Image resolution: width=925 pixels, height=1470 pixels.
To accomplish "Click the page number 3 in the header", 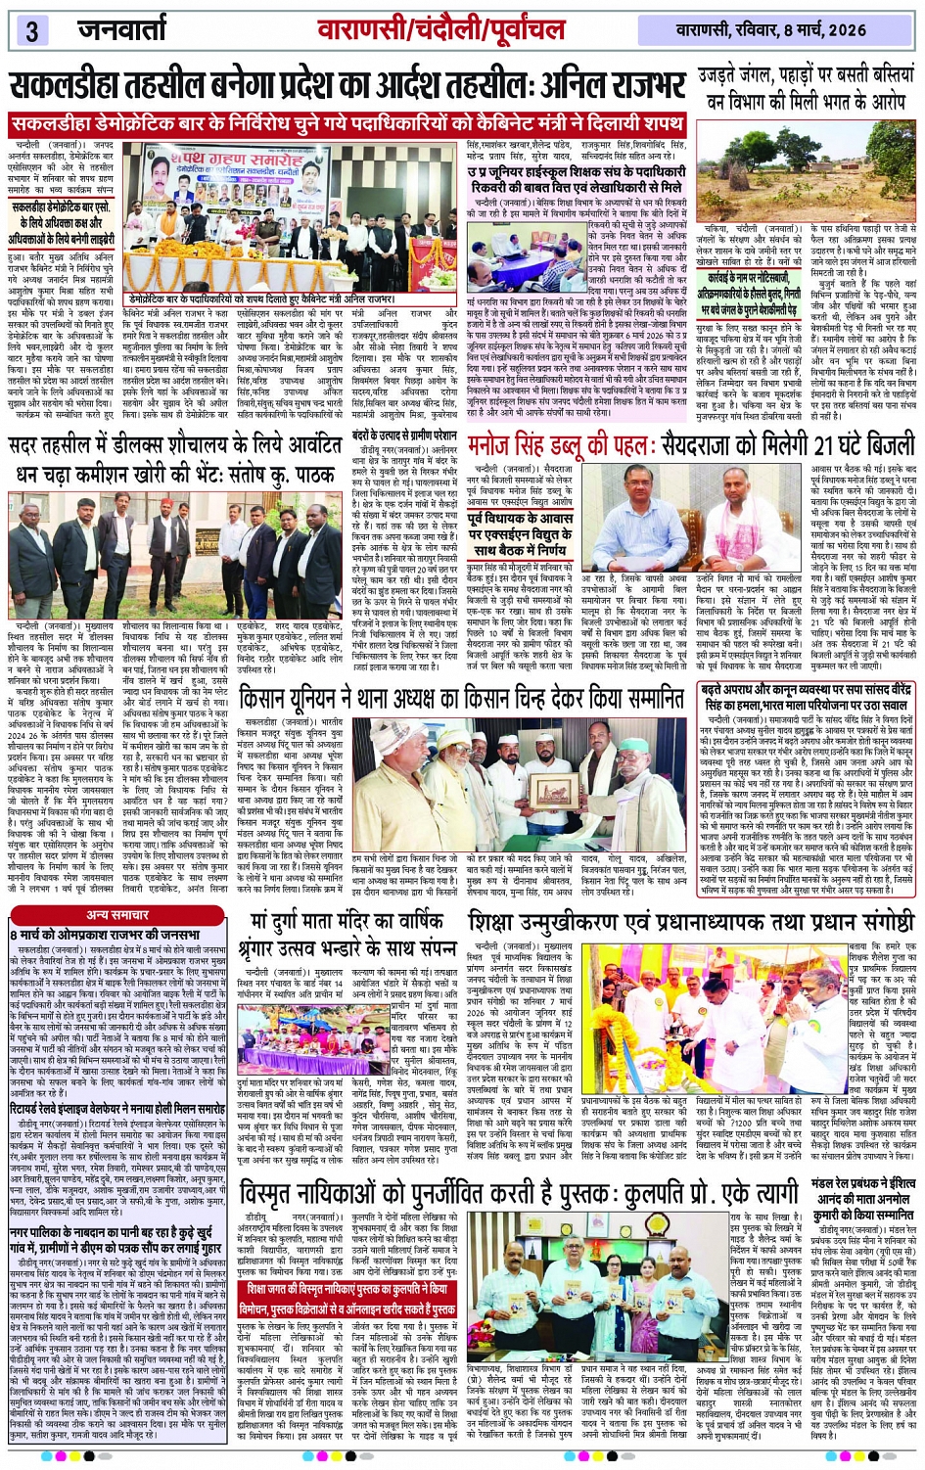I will pyautogui.click(x=31, y=30).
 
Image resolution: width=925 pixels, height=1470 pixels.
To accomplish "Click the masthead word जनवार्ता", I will pyautogui.click(x=122, y=29).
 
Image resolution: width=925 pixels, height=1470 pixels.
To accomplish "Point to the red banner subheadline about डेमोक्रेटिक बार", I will pyautogui.click(x=347, y=125).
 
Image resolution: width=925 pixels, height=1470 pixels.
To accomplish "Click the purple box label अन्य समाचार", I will pyautogui.click(x=117, y=914).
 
